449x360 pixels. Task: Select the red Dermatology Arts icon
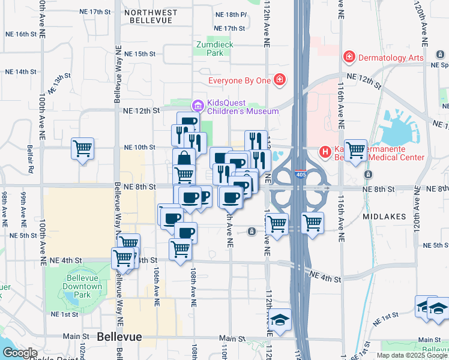(348, 57)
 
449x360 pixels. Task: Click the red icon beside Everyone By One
(279, 80)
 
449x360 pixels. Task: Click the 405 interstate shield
(300, 175)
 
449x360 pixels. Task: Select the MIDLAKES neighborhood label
(384, 215)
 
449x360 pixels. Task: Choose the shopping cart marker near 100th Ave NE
(82, 148)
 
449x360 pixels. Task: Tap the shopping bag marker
(184, 158)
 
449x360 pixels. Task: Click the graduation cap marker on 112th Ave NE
(280, 319)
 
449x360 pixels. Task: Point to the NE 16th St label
(19, 34)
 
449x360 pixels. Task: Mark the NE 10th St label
(139, 147)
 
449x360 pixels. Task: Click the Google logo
(20, 353)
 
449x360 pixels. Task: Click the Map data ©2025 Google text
(411, 355)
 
